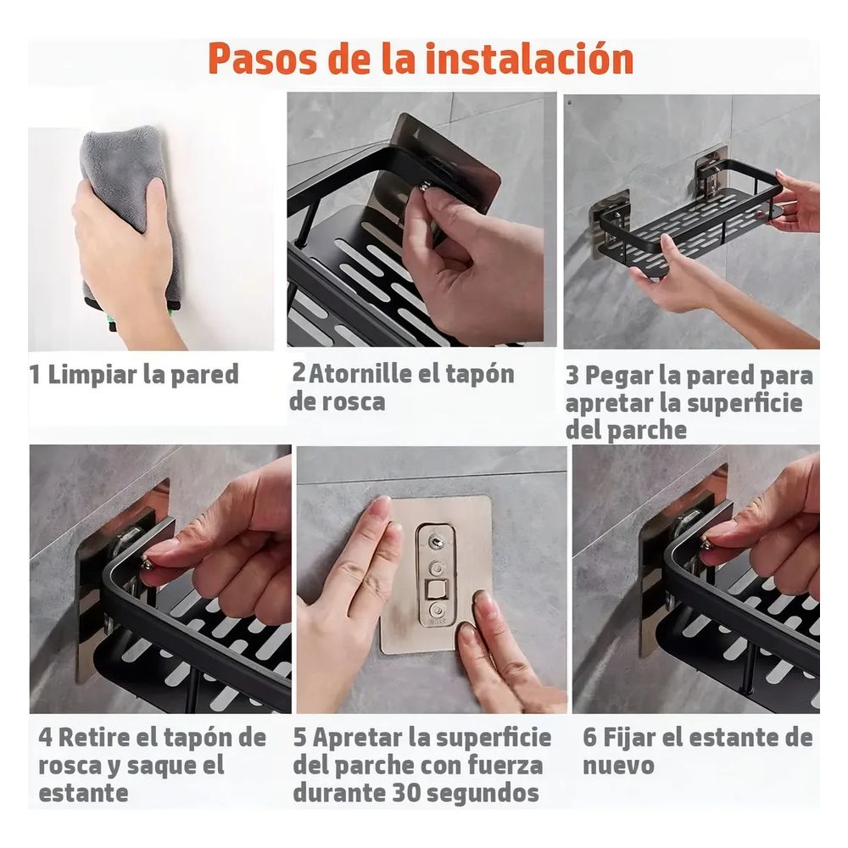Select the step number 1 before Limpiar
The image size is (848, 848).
(34, 374)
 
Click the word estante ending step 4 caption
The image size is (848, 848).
(83, 794)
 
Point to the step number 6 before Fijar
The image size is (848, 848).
(590, 738)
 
